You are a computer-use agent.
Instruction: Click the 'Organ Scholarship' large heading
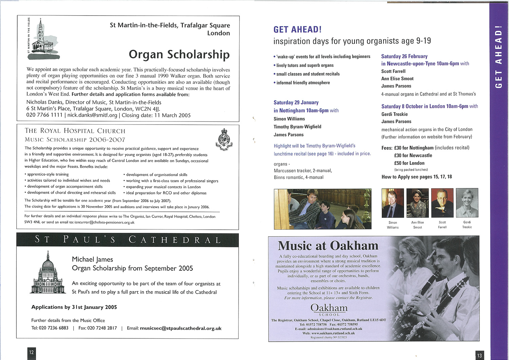click(179, 54)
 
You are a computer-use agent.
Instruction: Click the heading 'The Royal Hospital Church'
click(75, 131)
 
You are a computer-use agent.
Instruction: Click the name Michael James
click(92, 260)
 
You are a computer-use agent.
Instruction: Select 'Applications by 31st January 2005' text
click(74, 307)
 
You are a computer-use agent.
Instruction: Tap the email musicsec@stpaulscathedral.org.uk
click(181, 328)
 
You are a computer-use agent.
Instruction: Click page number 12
click(32, 352)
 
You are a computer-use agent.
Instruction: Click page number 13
click(479, 355)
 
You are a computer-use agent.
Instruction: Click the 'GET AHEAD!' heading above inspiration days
click(297, 30)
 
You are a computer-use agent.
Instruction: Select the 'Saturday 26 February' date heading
click(404, 56)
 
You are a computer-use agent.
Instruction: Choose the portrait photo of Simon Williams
click(393, 203)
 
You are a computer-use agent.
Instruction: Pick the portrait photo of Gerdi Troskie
click(467, 203)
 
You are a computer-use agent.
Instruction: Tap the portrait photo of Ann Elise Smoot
click(417, 203)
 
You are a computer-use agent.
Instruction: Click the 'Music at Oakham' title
click(328, 246)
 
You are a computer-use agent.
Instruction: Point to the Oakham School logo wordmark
click(329, 309)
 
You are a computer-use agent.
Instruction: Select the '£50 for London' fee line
click(409, 163)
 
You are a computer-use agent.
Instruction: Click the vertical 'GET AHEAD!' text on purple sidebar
click(498, 57)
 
